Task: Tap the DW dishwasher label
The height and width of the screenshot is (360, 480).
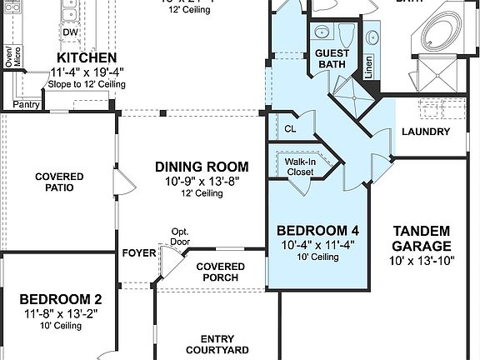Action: point(72,32)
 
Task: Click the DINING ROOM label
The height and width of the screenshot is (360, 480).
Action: point(202,166)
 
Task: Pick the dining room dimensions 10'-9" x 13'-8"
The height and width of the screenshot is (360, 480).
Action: point(202,180)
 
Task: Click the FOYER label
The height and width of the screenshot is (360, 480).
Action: point(137,252)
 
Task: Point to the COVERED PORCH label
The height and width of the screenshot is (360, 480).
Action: point(220,272)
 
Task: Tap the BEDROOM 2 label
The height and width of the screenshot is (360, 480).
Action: point(61,299)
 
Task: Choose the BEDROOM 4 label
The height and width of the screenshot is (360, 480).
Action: point(317,230)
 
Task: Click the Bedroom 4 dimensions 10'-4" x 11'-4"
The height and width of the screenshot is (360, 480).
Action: point(317,244)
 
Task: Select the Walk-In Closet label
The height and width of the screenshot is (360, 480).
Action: point(299,167)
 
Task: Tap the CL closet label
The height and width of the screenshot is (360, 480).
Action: point(290,129)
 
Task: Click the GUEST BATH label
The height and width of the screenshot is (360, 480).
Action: point(332,59)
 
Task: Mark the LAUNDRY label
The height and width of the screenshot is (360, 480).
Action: point(425,132)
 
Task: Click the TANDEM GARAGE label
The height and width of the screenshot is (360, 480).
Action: point(421,238)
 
